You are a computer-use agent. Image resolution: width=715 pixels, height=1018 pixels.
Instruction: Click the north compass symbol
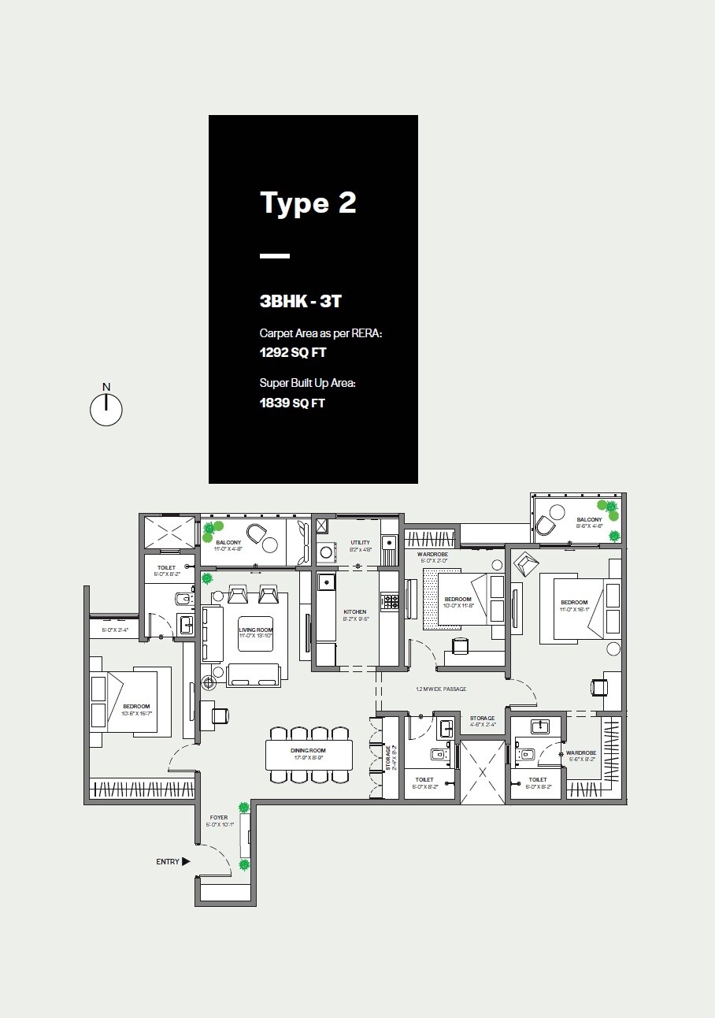(x=106, y=410)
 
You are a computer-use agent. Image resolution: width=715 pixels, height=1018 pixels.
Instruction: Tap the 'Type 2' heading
(x=308, y=203)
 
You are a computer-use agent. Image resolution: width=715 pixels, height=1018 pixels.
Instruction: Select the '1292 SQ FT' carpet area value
(x=292, y=353)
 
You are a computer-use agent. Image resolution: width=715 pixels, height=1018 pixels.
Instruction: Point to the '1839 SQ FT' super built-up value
(x=292, y=403)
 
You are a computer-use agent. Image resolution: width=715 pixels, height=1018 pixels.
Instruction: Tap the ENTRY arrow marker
(x=186, y=862)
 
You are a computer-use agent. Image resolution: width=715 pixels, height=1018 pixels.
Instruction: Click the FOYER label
(x=218, y=818)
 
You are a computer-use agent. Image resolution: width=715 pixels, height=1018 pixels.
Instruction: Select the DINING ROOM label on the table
(x=309, y=751)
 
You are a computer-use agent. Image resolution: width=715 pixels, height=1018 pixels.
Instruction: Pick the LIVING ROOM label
(x=255, y=630)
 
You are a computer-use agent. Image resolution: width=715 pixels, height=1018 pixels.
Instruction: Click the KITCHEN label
(x=355, y=611)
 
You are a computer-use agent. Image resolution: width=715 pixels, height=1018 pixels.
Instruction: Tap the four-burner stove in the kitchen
(x=389, y=602)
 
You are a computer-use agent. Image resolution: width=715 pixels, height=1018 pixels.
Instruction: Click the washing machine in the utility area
(x=325, y=552)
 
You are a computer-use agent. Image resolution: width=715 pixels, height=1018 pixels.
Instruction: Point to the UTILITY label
(x=360, y=543)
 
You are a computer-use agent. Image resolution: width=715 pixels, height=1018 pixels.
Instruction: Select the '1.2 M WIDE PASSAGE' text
(x=441, y=689)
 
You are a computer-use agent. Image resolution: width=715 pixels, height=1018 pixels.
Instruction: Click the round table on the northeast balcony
(x=557, y=511)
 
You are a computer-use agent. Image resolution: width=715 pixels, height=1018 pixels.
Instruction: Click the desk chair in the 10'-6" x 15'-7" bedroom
(x=220, y=715)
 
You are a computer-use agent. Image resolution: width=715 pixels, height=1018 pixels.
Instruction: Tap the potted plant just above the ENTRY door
(x=244, y=864)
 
